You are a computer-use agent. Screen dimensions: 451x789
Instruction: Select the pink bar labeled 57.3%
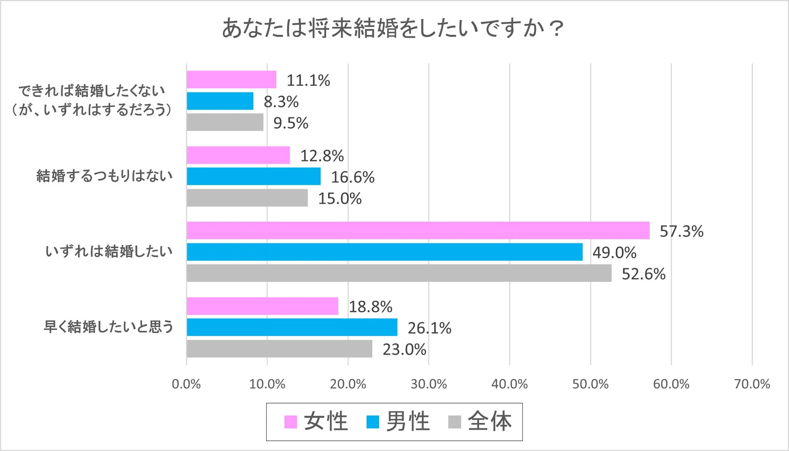coord(418,230)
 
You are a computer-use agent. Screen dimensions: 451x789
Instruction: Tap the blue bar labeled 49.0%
coord(384,252)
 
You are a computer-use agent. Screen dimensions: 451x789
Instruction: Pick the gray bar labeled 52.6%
coord(399,273)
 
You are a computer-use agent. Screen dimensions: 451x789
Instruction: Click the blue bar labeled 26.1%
coord(292,327)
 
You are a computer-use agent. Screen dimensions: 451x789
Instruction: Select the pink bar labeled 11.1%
coord(231,79)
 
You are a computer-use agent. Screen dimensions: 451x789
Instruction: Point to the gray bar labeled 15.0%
coord(247,198)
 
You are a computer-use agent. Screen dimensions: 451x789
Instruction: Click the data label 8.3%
coord(281,102)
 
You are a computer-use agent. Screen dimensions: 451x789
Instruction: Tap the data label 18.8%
coord(370,306)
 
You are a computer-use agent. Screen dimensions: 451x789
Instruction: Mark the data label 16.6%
coord(352,177)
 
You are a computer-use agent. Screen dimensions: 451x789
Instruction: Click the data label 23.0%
coord(404,349)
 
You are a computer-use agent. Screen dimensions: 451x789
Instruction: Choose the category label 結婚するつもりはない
coord(104,176)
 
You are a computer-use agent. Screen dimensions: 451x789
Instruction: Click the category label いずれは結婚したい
coord(108,251)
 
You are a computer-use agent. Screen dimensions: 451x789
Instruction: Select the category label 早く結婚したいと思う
coord(108,327)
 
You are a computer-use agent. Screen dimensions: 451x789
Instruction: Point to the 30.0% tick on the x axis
coord(428,384)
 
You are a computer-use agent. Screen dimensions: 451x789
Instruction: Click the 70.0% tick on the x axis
coord(752,384)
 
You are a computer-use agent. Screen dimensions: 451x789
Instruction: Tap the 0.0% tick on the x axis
coord(186,384)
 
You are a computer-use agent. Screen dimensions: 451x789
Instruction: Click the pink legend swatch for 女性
coord(291,422)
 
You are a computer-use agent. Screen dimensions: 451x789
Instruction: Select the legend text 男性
coord(407,421)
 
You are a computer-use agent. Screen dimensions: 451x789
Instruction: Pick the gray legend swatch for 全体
coord(455,422)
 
